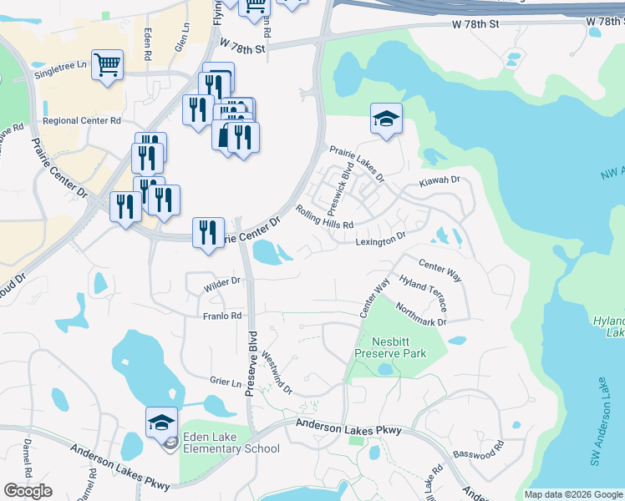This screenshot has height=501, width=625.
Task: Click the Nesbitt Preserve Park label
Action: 390,347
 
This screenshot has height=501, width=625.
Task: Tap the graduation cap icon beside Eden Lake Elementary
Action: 161,422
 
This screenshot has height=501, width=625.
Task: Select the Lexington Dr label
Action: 380,239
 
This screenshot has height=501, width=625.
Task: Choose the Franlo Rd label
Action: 221,316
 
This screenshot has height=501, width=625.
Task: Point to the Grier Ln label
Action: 226,381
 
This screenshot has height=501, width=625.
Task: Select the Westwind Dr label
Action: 277,372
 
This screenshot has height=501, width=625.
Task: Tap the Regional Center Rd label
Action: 82,121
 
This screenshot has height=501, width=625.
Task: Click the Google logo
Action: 28,491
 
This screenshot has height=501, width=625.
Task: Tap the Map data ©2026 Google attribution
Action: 573,494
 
